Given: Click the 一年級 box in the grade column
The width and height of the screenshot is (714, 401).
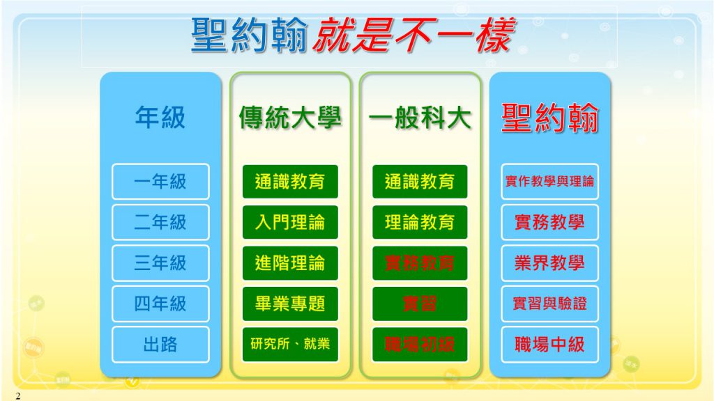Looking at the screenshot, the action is coord(160,182).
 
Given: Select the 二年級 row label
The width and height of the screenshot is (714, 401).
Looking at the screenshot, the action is coord(160,222).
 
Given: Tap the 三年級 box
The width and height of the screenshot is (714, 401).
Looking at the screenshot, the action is coord(160,262).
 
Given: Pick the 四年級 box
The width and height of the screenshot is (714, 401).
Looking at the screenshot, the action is coord(160,304).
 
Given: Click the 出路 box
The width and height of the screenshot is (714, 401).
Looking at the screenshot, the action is coord(160,344).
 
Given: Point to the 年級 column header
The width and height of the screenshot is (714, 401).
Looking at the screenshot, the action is coord(160,117).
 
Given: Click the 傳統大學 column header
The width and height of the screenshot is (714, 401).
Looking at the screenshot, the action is coord(290,117).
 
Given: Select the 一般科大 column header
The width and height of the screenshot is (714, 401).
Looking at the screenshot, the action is coord(420,117).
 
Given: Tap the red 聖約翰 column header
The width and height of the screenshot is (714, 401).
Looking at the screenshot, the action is coord(549,117).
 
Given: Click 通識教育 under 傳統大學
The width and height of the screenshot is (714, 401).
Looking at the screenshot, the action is coord(290,182).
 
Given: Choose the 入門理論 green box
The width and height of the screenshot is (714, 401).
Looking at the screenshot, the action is coord(290,222).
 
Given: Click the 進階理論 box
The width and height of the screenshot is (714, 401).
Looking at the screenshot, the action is coord(290,262).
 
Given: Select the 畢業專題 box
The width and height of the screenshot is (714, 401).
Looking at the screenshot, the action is coord(290,304).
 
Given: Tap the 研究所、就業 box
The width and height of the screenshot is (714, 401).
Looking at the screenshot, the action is coord(290,344).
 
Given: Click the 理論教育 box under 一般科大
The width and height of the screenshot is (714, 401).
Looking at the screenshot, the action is coord(420,222).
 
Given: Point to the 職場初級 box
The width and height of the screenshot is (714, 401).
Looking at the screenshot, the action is coord(420,344).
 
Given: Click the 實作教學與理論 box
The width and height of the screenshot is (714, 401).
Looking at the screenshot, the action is coord(549,182).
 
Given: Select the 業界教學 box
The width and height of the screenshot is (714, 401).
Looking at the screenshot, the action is coord(549,262).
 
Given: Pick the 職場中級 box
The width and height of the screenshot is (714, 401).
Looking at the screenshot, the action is coord(549,344).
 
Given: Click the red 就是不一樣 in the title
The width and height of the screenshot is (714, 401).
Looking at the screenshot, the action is coord(414,35).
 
